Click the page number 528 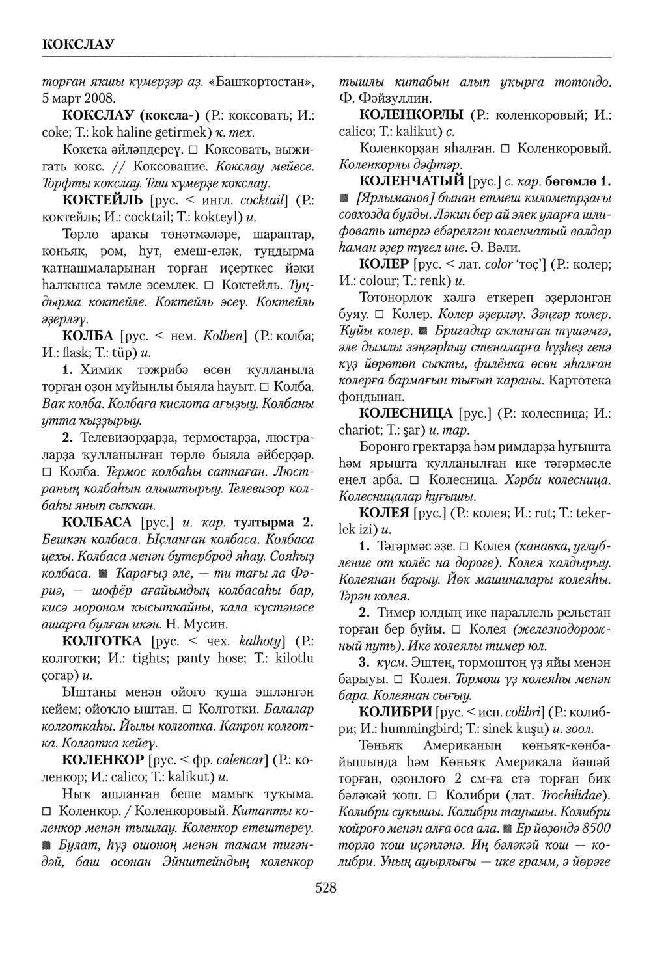[x=325, y=887]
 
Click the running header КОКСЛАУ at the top [x=78, y=44]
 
